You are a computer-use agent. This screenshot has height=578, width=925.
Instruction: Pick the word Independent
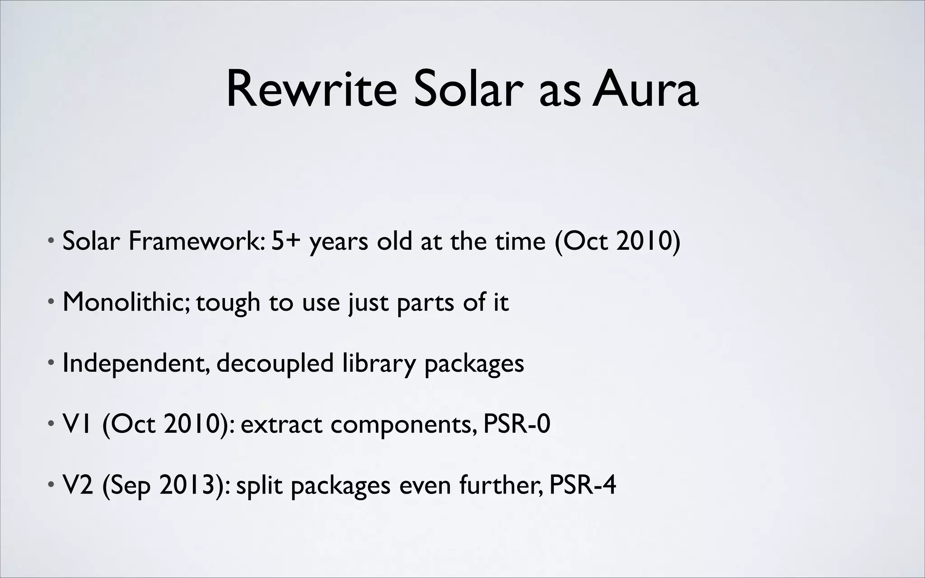click(135, 364)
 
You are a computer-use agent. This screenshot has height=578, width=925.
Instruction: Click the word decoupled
click(275, 364)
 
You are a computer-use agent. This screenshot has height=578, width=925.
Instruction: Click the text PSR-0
click(517, 424)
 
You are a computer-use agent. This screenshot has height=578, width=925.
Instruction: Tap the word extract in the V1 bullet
click(281, 425)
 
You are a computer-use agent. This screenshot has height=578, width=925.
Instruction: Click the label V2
click(78, 485)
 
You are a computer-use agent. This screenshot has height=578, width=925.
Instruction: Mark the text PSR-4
click(582, 485)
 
